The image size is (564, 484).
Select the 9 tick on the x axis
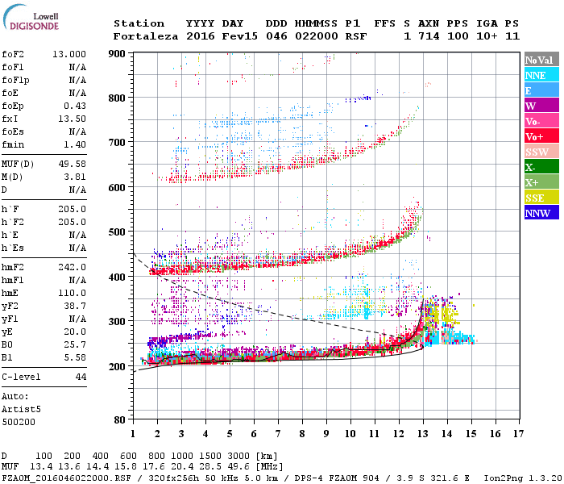pos(327,434)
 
